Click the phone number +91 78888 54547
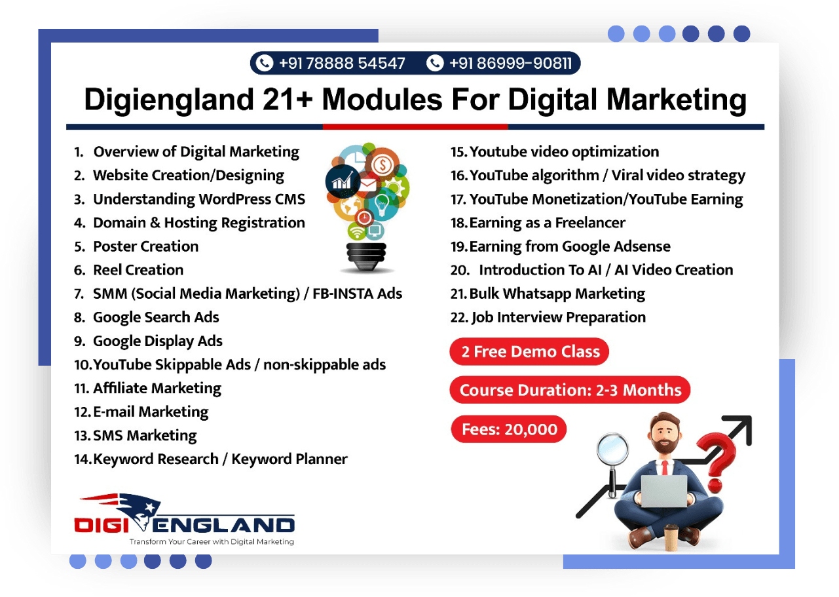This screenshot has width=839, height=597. pyautogui.click(x=342, y=64)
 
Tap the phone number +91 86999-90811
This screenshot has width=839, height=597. pyautogui.click(x=510, y=64)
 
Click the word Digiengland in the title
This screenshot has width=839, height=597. pyautogui.click(x=169, y=100)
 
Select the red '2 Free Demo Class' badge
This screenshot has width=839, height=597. pyautogui.click(x=529, y=351)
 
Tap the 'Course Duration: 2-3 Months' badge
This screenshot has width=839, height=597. pyautogui.click(x=570, y=390)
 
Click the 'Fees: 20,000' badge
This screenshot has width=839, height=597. pyautogui.click(x=509, y=429)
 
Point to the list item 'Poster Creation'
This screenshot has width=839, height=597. pyautogui.click(x=145, y=246)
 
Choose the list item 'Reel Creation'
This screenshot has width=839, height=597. pyautogui.click(x=138, y=270)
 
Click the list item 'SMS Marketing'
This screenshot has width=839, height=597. pyautogui.click(x=145, y=436)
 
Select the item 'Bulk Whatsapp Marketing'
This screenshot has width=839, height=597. pyautogui.click(x=557, y=294)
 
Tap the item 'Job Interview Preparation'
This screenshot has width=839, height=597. pyautogui.click(x=559, y=317)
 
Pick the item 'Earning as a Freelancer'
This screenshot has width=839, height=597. pyautogui.click(x=548, y=223)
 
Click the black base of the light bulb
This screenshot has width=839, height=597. pyautogui.click(x=366, y=256)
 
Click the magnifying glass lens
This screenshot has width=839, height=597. pyautogui.click(x=612, y=449)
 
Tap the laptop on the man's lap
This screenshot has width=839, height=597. pyautogui.click(x=664, y=491)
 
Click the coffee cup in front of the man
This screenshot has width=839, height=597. pyautogui.click(x=671, y=537)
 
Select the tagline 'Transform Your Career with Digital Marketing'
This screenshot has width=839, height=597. pyautogui.click(x=212, y=541)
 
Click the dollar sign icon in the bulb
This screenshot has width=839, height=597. pyautogui.click(x=382, y=164)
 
